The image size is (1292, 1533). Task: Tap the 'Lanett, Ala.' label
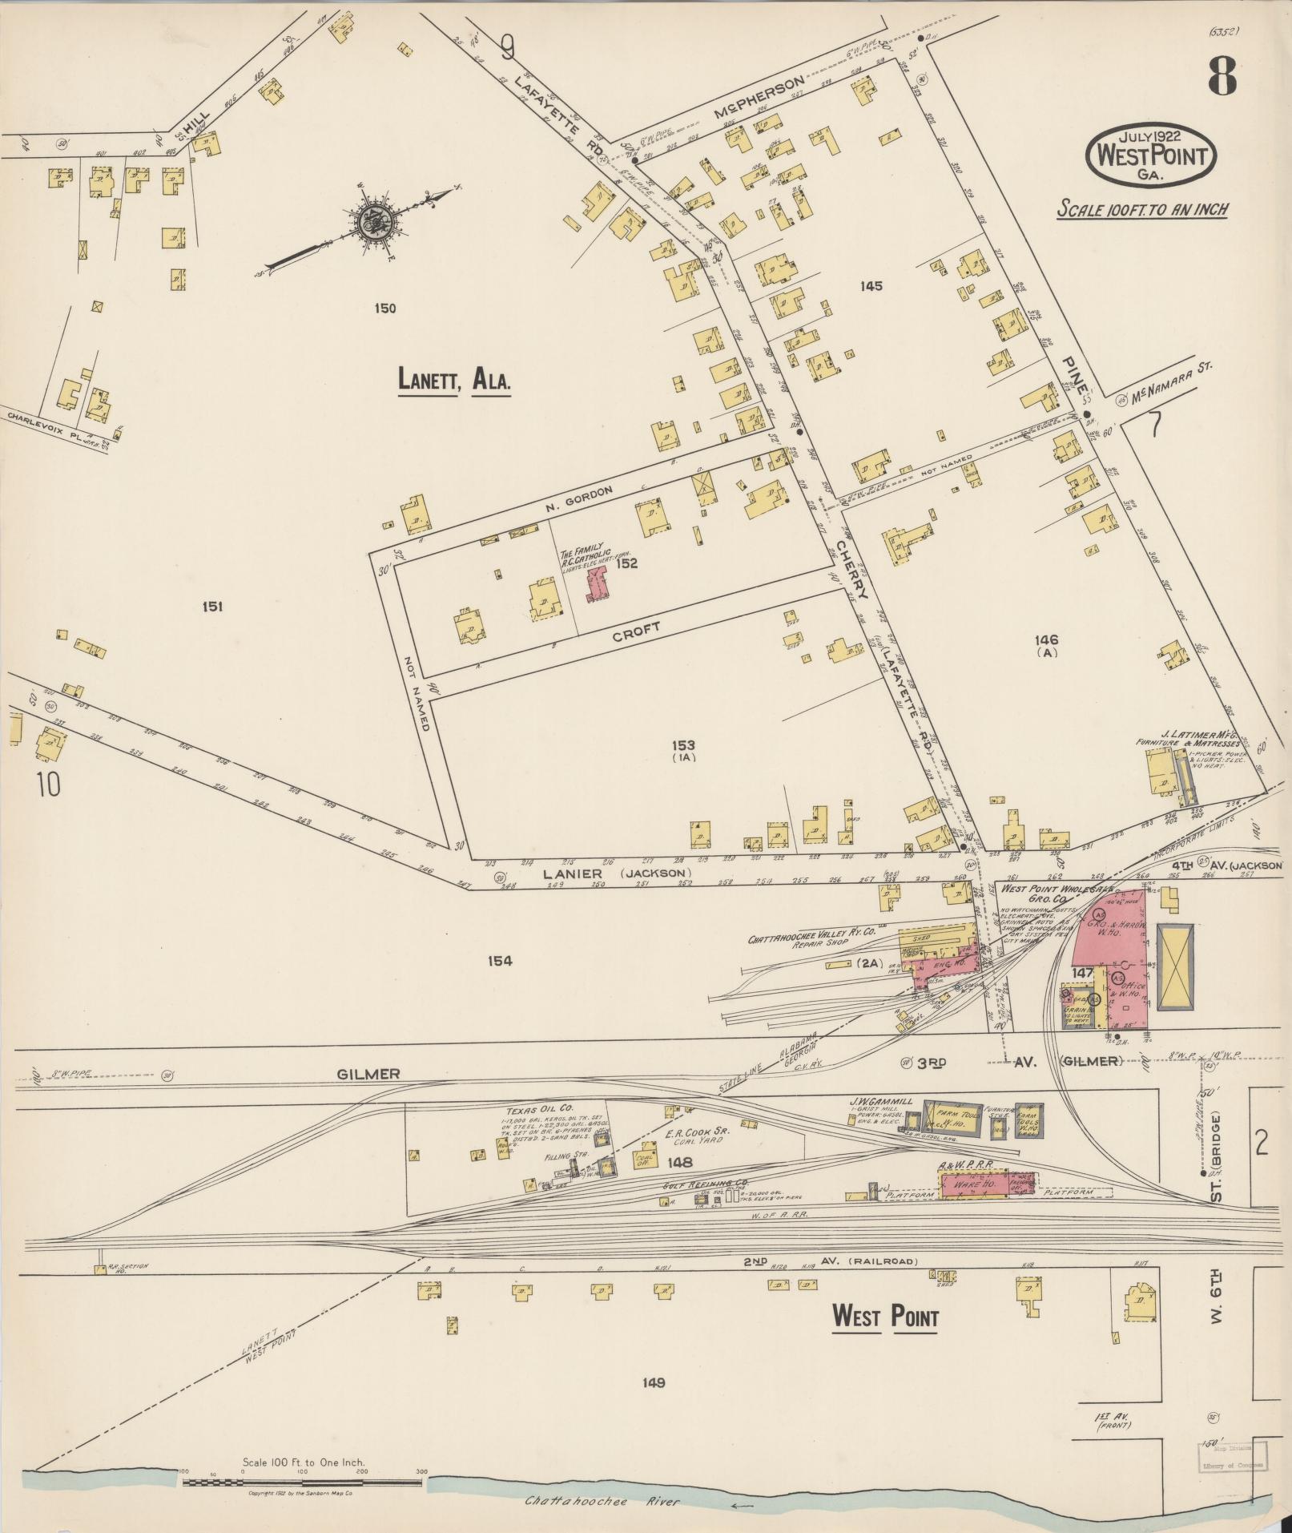454,380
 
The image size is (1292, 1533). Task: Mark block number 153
684,744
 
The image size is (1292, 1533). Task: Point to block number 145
871,286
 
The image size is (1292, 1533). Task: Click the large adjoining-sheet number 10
48,785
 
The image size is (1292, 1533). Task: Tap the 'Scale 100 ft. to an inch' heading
1141,210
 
